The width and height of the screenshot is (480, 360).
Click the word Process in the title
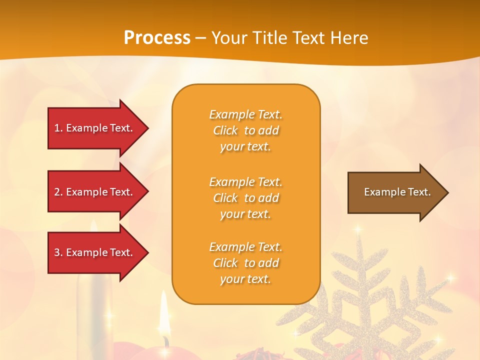[157, 38]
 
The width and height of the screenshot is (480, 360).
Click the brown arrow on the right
[395, 192]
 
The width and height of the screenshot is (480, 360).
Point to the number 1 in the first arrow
[57, 128]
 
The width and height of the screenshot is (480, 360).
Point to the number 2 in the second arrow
[57, 192]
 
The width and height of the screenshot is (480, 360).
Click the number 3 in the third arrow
[57, 252]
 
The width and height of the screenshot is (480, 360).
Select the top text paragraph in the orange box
[245, 130]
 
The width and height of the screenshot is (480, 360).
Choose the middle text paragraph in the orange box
[245, 198]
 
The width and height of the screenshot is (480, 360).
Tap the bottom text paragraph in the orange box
[245, 263]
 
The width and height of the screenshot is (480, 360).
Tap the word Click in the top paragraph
[225, 130]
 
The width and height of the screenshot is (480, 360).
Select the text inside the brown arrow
[397, 192]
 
